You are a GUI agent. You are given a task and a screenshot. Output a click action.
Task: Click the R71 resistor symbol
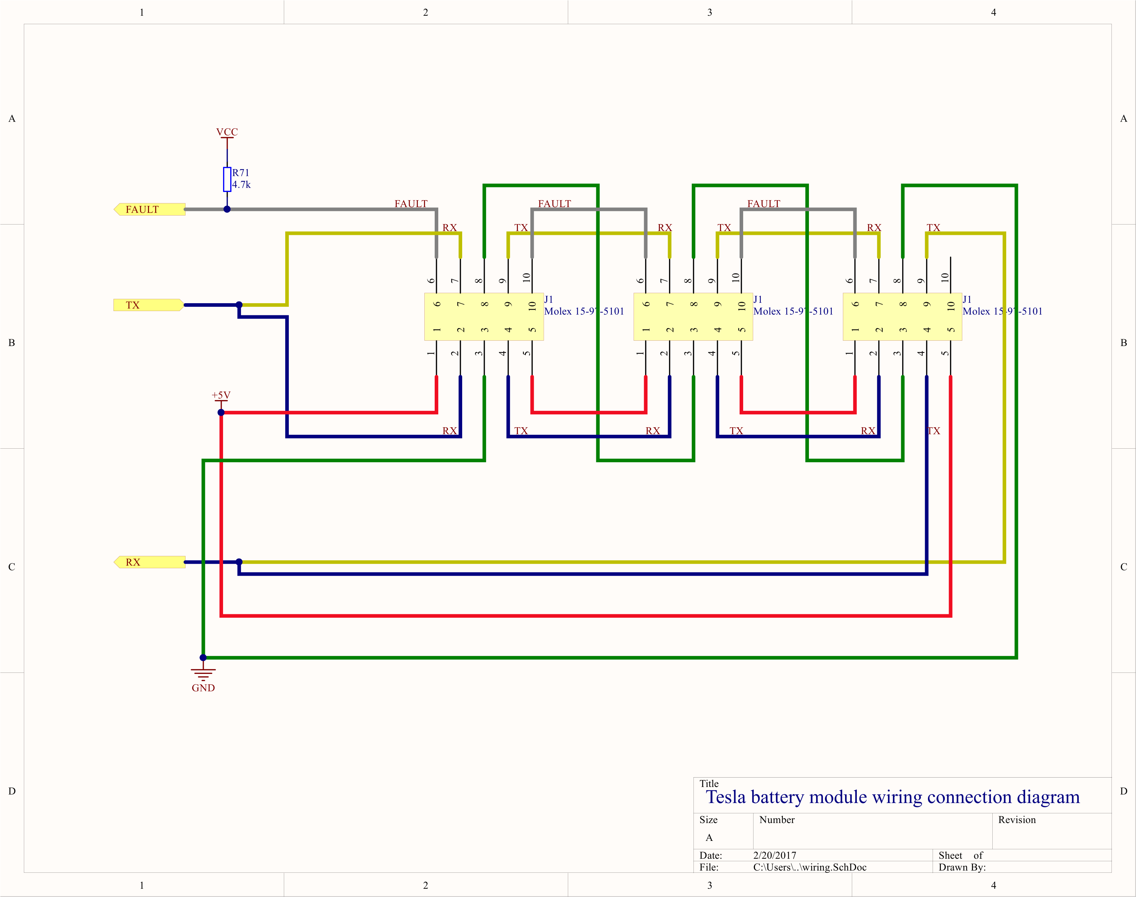click(x=227, y=179)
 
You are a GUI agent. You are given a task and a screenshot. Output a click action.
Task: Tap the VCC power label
click(x=227, y=132)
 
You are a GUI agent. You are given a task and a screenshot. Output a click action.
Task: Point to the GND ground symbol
click(x=203, y=675)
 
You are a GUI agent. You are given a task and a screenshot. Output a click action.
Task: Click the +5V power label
click(x=221, y=395)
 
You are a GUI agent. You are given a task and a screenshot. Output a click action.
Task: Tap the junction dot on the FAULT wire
click(x=227, y=209)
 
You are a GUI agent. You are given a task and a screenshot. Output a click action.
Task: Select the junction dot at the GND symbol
click(x=203, y=657)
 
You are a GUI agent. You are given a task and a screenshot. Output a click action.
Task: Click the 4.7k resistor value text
click(x=242, y=185)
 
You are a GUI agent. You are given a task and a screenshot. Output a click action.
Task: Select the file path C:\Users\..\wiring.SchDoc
click(x=810, y=867)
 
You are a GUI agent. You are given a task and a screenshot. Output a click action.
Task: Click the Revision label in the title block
click(x=1017, y=820)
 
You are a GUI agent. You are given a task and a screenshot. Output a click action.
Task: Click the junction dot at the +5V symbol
click(x=221, y=412)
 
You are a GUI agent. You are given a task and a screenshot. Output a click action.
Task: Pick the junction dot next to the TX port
click(x=239, y=305)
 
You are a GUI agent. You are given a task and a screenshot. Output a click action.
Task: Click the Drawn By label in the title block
click(x=962, y=867)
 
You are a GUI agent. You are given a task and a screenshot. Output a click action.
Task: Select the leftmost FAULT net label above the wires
click(x=411, y=203)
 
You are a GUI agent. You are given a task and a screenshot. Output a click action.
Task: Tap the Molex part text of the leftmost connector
click(x=584, y=311)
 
